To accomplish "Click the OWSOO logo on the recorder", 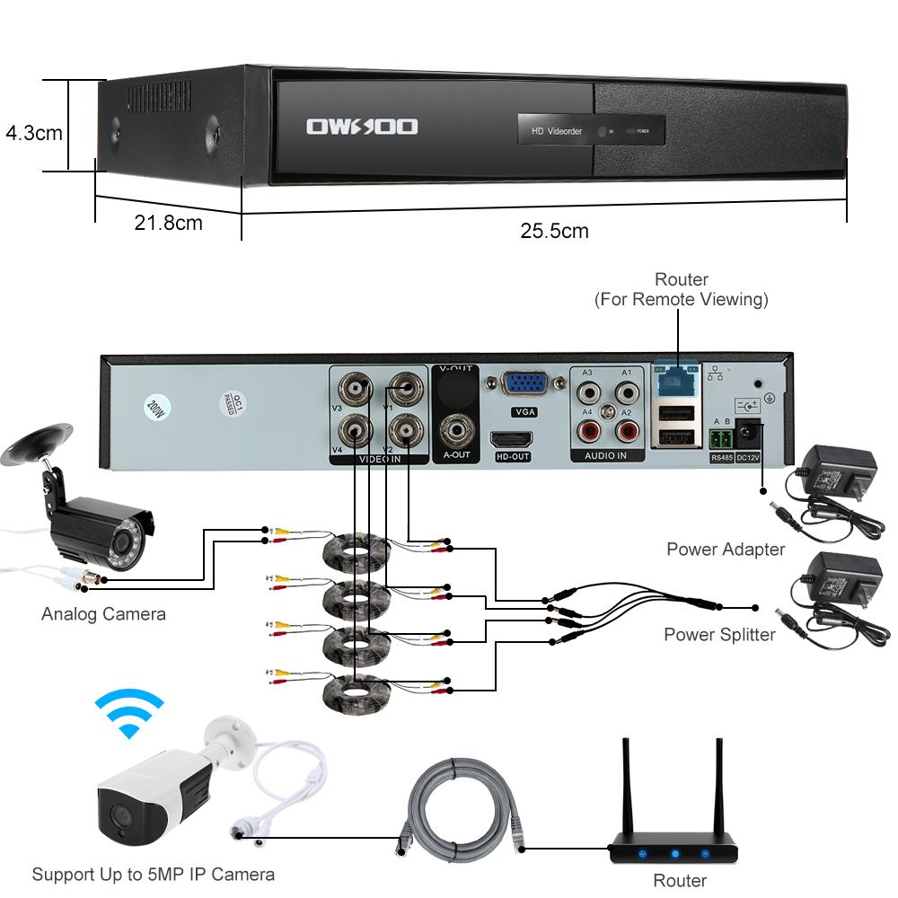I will click(362, 127).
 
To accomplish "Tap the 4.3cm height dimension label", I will click(33, 133).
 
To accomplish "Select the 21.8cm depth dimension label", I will click(168, 222).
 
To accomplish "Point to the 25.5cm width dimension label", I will click(554, 231).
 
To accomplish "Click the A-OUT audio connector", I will click(457, 428).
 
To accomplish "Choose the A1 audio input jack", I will click(625, 392).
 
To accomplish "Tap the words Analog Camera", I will click(103, 614).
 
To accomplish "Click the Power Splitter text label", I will click(719, 635).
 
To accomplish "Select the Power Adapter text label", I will click(726, 549).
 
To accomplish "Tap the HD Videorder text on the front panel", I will click(557, 131).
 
